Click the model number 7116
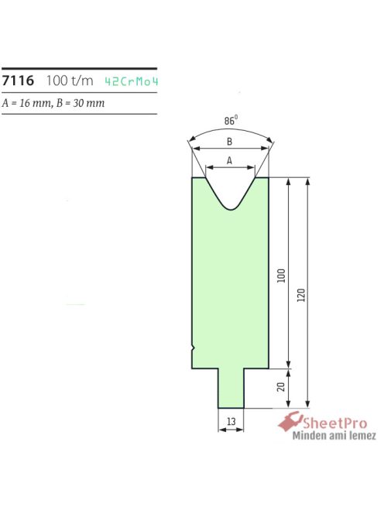17,81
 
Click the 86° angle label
231,121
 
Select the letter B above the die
229,142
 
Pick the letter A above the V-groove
229,160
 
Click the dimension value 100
281,275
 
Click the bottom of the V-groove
230,208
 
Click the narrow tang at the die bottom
230,387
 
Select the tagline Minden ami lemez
333,436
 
